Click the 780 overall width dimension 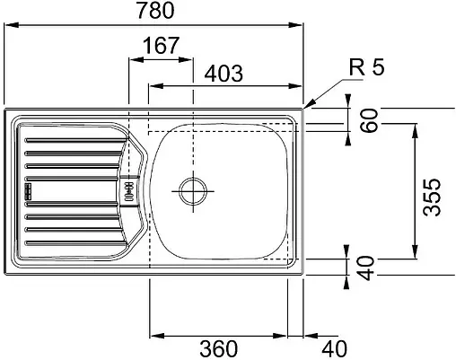pyautogui.click(x=155, y=10)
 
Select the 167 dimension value pyautogui.click(x=161, y=46)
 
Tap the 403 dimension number pyautogui.click(x=224, y=73)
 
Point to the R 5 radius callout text pyautogui.click(x=366, y=66)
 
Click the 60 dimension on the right pyautogui.click(x=369, y=120)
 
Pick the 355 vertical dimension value pyautogui.click(x=432, y=198)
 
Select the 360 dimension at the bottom pyautogui.click(x=218, y=348)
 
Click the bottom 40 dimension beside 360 pyautogui.click(x=335, y=348)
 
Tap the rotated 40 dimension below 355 pyautogui.click(x=366, y=268)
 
